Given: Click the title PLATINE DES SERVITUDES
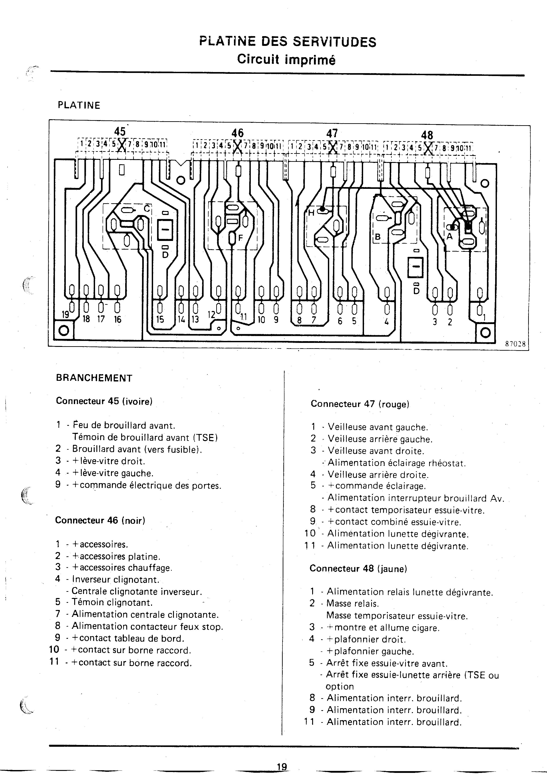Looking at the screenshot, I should pyautogui.click(x=288, y=42).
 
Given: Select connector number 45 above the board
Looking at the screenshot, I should pyautogui.click(x=120, y=131).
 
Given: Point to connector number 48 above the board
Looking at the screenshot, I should pyautogui.click(x=427, y=135).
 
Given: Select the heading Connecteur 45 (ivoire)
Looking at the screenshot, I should pyautogui.click(x=104, y=401).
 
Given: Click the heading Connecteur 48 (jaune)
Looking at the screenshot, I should pyautogui.click(x=358, y=569).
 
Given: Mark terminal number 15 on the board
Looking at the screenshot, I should pyautogui.click(x=160, y=319).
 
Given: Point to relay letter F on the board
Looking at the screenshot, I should pyautogui.click(x=241, y=237).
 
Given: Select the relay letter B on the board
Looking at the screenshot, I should pyautogui.click(x=378, y=237).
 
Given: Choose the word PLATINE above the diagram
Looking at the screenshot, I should pyautogui.click(x=79, y=106).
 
